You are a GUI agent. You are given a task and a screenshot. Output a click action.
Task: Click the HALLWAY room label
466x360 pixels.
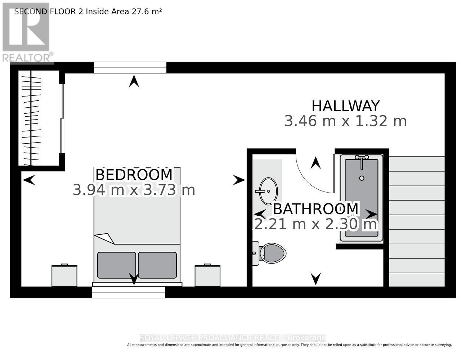tap(345, 106)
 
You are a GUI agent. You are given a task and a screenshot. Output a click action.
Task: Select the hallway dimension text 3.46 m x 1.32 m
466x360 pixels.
tap(345, 121)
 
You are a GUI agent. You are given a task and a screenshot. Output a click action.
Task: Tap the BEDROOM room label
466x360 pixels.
tap(134, 175)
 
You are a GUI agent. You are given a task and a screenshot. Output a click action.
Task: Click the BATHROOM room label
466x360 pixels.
tap(315, 208)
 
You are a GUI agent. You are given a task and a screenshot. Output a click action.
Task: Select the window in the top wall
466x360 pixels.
tap(130, 68)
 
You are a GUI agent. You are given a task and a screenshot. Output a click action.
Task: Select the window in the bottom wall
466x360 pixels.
tap(129, 292)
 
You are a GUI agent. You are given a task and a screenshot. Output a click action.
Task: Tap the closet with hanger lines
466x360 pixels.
tap(39, 118)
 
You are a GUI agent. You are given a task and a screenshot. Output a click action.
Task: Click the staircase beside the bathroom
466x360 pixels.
tap(417, 221)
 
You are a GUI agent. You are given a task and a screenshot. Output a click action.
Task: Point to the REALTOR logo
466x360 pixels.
tap(26, 32)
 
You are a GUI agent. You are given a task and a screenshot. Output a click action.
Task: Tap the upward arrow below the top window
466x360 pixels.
tap(134, 81)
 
